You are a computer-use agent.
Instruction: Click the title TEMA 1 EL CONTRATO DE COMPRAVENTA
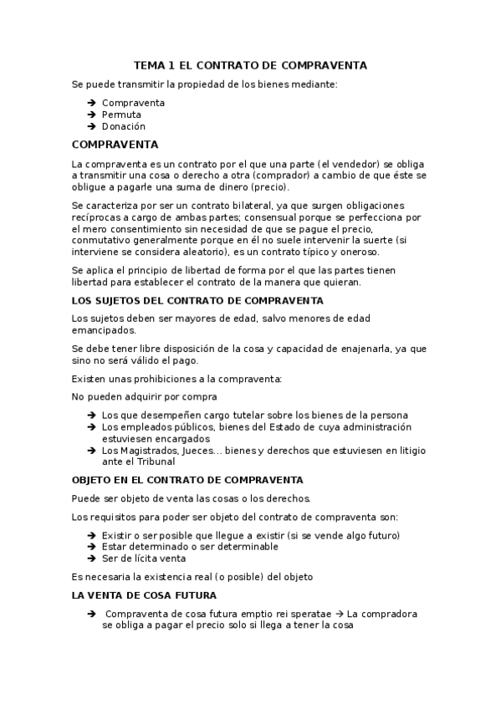pos(250,65)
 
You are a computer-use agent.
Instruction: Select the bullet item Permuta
pos(121,115)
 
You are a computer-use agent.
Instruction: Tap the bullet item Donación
pos(124,126)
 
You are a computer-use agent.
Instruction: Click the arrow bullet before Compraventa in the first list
pos(90,103)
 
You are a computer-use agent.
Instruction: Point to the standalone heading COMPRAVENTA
pos(115,144)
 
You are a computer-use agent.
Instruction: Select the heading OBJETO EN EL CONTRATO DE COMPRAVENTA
pos(187,481)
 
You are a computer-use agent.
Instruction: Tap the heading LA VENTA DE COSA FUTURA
pos(144,595)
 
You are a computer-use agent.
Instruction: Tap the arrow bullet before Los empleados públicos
pos(90,427)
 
